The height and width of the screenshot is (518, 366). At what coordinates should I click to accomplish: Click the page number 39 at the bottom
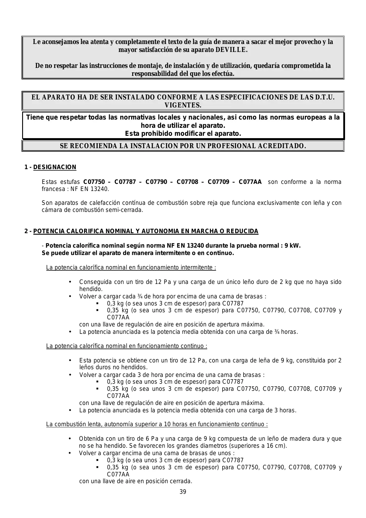pyautogui.click(x=183, y=492)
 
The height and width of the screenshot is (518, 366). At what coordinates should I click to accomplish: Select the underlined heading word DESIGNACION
pyautogui.click(x=55, y=167)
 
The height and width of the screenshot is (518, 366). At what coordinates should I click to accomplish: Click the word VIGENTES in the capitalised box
pyautogui.click(x=183, y=105)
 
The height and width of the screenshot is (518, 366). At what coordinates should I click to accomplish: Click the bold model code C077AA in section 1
pyautogui.click(x=250, y=182)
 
